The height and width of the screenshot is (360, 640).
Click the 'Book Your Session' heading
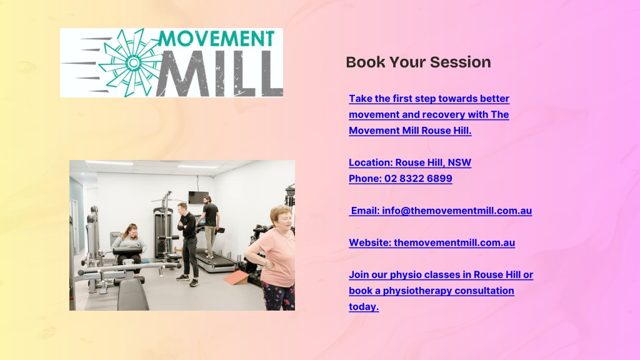coord(418,62)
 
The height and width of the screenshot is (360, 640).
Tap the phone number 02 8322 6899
coord(418,178)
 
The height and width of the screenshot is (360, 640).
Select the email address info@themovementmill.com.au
coord(457,211)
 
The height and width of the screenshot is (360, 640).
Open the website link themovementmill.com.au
coord(454,242)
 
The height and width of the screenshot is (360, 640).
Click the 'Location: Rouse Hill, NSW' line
coord(410,162)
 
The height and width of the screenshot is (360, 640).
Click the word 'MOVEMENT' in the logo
coord(216,39)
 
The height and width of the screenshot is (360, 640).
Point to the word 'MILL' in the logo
coord(220,74)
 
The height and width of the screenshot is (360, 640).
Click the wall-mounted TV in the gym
coord(198,197)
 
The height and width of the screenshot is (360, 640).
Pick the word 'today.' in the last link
coord(364,306)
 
